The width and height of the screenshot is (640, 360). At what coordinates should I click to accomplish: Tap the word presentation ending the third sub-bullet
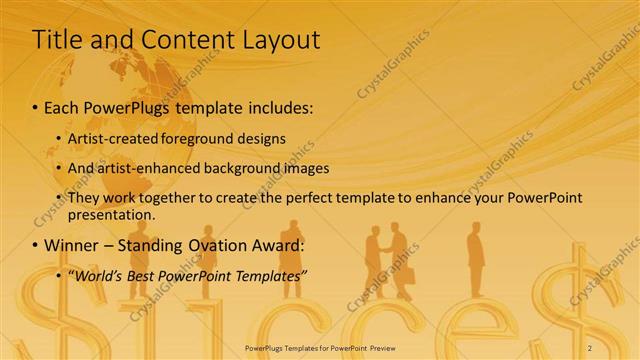(x=110, y=214)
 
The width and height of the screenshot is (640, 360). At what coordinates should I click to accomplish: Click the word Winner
(x=73, y=245)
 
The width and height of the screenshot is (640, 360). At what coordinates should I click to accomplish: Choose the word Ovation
(x=218, y=245)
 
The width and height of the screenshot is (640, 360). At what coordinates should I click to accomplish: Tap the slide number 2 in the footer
(x=590, y=346)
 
